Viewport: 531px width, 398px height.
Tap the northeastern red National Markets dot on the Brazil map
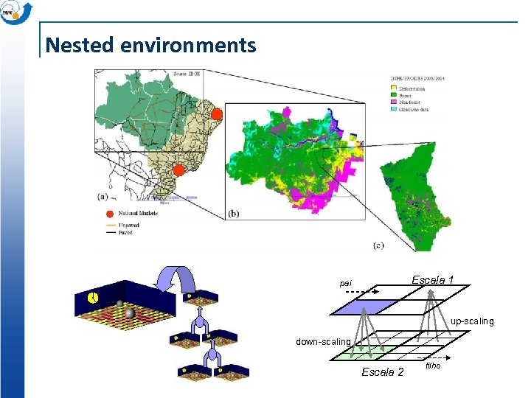click(x=216, y=114)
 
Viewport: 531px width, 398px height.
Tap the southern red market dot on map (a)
click(x=178, y=170)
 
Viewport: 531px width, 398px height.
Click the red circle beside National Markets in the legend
click(x=110, y=214)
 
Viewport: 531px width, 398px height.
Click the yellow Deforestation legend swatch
click(x=394, y=89)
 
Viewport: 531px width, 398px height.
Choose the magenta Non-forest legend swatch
click(x=394, y=102)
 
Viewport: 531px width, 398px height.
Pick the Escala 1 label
click(x=432, y=280)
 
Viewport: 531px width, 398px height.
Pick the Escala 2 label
click(x=382, y=372)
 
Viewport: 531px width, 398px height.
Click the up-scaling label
click(x=472, y=322)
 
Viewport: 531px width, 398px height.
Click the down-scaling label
click(x=323, y=342)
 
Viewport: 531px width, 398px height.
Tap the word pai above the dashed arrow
click(x=345, y=284)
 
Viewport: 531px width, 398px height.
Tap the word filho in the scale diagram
click(x=433, y=366)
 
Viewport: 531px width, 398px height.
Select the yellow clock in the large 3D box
click(x=93, y=298)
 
